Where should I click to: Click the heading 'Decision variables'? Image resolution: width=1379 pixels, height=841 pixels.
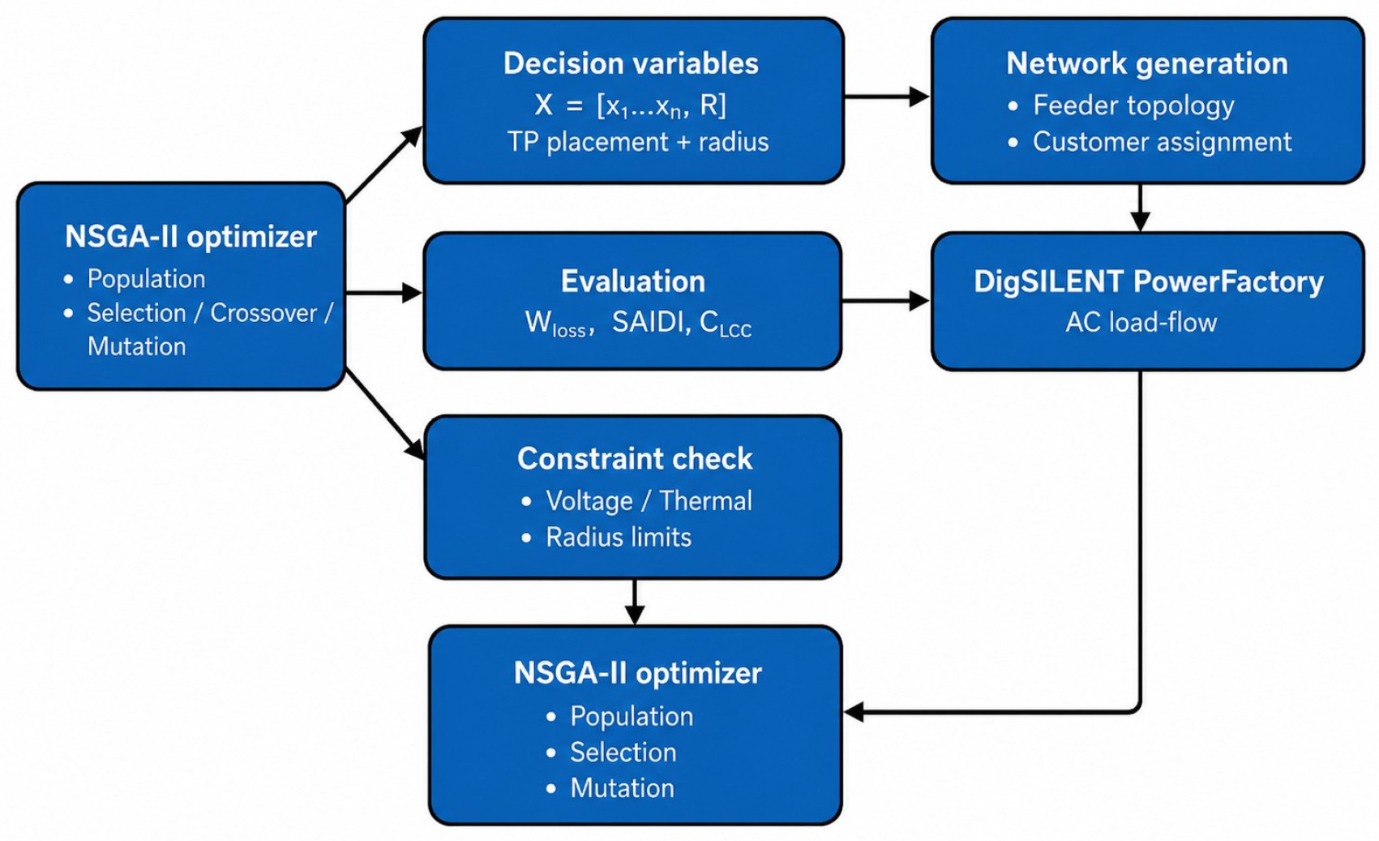coord(631,63)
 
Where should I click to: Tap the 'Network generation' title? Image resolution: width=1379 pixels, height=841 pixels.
coord(1147,63)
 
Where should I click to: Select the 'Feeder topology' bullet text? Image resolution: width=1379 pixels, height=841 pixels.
coord(1133,105)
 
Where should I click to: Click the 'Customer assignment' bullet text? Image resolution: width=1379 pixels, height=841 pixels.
coord(1162,142)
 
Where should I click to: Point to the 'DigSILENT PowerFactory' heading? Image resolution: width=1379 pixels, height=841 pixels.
coord(1148,282)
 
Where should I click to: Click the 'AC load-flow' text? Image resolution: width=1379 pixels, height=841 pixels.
coord(1141,323)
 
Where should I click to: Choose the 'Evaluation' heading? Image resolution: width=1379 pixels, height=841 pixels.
coord(633,281)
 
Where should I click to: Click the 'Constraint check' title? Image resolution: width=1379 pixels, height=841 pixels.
coord(635,459)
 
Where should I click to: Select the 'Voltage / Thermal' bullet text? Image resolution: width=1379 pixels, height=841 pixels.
coord(649,501)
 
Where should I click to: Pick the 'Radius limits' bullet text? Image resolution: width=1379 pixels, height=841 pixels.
coord(618,538)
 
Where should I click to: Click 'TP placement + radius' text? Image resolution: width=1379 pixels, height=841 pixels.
coord(638,142)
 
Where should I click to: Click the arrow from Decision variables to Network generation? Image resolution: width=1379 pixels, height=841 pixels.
coord(887,97)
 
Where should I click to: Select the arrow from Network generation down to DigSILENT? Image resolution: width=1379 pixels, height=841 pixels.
coord(1140,208)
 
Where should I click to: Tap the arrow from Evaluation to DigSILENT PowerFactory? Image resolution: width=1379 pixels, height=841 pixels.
coord(885,301)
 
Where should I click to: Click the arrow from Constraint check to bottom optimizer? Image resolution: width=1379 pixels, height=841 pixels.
coord(635,602)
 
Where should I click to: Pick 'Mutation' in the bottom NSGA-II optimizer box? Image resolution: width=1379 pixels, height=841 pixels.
coord(622,788)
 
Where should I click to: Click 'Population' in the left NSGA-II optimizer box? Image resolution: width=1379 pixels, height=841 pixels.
coord(146,280)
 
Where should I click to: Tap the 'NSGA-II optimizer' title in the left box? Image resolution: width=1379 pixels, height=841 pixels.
coord(191,237)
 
